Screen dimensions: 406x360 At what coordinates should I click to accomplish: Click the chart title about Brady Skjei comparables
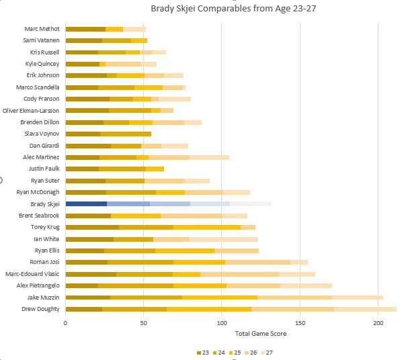(x=233, y=9)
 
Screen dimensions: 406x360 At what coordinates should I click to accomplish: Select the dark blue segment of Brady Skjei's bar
(x=86, y=204)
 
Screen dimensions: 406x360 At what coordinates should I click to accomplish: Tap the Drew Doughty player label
(x=40, y=309)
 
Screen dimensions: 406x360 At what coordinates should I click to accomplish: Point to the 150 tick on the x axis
(x=300, y=323)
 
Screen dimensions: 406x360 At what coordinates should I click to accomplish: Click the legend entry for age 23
(x=203, y=353)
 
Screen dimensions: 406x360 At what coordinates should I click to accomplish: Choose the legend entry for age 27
(x=266, y=353)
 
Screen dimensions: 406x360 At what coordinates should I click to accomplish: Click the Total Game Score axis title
(x=261, y=334)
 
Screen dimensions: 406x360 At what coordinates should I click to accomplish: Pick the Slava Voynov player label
(x=42, y=134)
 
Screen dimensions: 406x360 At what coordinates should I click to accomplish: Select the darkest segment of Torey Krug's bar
(x=93, y=228)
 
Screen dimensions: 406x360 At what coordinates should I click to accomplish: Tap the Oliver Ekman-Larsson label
(x=31, y=111)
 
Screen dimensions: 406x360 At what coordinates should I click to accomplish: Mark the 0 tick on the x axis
(x=65, y=323)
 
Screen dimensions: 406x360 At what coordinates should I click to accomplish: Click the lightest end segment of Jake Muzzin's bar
(x=358, y=298)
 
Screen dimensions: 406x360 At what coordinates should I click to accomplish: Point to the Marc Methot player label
(x=42, y=29)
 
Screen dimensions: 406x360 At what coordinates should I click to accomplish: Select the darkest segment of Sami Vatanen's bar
(x=84, y=40)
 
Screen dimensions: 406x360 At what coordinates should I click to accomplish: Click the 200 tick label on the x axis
(x=378, y=323)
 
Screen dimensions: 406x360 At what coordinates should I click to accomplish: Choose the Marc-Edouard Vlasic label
(x=32, y=274)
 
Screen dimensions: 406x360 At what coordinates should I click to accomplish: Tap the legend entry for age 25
(x=235, y=353)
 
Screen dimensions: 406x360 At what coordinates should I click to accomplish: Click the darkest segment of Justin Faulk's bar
(x=82, y=169)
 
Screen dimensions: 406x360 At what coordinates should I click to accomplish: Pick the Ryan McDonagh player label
(x=38, y=192)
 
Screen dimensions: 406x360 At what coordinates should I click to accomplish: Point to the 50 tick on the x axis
(x=143, y=323)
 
